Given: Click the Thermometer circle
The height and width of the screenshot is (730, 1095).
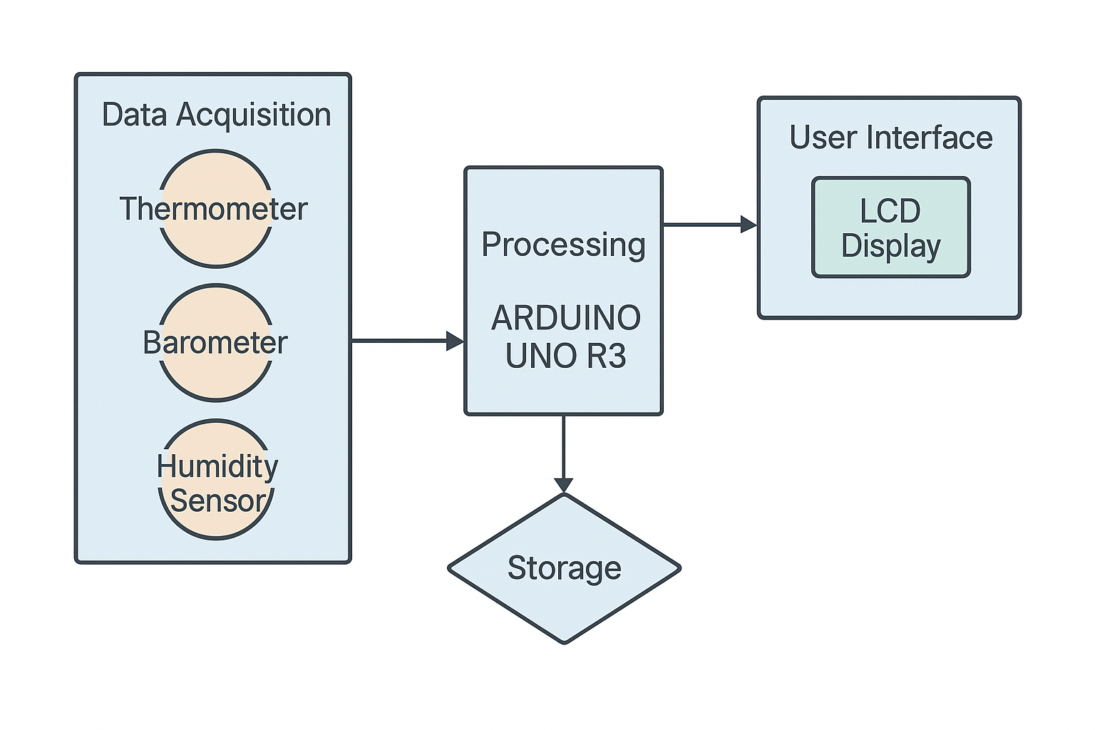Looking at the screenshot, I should click(215, 209).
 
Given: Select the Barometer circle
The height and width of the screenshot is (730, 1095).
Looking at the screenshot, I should click(215, 343).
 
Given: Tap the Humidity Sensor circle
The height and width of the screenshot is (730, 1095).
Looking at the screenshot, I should click(216, 479).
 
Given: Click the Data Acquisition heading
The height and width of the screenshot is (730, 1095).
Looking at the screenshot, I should click(216, 115).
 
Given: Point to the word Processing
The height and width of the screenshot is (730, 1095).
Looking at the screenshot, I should click(563, 245).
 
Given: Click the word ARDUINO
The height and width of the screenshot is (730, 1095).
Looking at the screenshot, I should click(566, 318).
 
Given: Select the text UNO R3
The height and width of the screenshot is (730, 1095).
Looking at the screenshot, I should click(565, 356).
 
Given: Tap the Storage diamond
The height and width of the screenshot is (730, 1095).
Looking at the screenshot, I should click(564, 568).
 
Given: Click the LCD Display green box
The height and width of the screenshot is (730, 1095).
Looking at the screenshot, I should click(891, 227).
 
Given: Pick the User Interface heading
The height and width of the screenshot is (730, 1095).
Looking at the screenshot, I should click(890, 138).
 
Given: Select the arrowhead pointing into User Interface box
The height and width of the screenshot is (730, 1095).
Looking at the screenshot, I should click(749, 225).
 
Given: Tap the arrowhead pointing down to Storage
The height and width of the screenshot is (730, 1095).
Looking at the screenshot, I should click(564, 484).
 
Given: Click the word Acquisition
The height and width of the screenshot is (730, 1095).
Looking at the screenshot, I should click(254, 115).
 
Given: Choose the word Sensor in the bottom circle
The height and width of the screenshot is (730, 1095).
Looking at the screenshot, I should click(217, 500).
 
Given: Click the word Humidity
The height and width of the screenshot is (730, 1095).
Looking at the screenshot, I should click(217, 467).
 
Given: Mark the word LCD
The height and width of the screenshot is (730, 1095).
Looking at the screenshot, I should click(890, 211).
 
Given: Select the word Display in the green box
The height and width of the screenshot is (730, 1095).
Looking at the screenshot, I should click(891, 245).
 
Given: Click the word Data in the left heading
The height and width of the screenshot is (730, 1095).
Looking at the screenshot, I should click(135, 115).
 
